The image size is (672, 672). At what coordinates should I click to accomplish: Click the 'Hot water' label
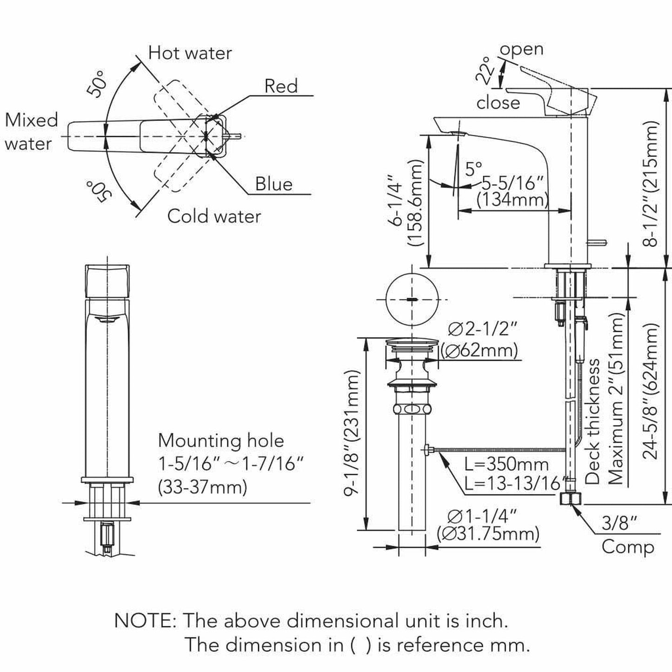190,53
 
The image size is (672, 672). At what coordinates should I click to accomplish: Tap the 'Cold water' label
214,216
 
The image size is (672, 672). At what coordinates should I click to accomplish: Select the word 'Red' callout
281,86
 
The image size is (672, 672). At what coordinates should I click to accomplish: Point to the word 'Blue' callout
274,184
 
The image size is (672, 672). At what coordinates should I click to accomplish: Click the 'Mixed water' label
31,132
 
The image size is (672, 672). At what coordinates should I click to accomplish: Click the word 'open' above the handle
521,49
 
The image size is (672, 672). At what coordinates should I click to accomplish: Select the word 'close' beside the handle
498,103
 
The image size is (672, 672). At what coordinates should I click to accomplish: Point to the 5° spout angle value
474,168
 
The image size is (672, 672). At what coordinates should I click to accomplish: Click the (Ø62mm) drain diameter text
479,350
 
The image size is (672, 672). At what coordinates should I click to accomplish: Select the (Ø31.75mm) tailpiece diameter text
488,533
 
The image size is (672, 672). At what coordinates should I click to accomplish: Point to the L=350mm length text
507,464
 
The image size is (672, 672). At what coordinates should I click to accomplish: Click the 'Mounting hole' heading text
221,440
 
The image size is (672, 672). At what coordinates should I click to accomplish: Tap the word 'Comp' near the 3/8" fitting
627,547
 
